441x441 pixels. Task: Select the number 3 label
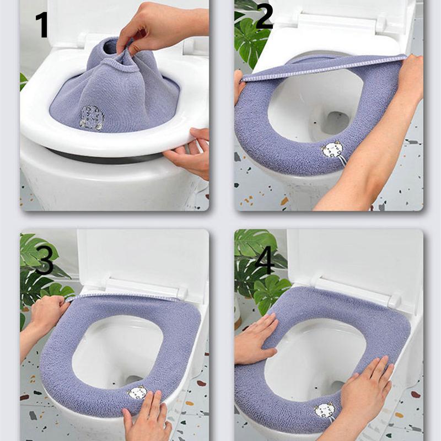coord(44,261)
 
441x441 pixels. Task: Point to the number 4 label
coord(265,260)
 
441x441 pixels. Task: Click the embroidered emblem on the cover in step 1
coord(92,117)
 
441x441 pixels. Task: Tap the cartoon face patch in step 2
coord(332,150)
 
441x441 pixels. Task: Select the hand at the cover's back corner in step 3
coord(47,314)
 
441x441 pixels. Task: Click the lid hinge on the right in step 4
coord(394,300)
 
